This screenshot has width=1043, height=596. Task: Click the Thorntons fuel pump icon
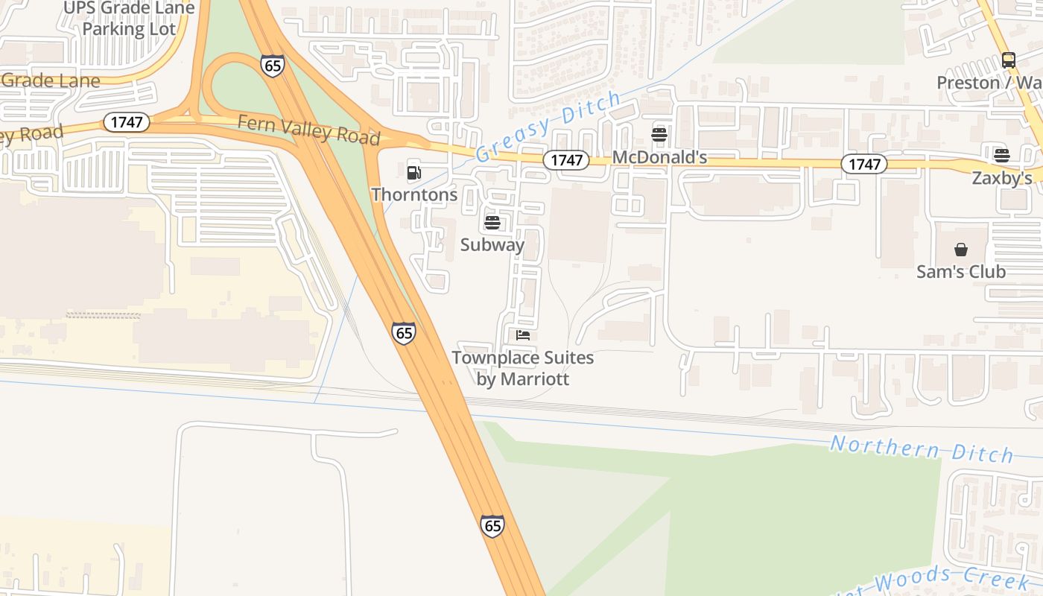414,173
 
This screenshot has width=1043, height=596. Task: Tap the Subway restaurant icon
492,223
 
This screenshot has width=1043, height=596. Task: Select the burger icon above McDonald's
659,135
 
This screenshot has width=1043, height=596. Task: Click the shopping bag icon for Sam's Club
961,250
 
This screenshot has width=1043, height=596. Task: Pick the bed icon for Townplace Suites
523,335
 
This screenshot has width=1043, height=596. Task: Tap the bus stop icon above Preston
1008,60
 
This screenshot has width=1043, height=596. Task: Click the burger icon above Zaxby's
1002,156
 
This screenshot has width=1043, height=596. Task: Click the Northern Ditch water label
922,449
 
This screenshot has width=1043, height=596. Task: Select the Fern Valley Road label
308,130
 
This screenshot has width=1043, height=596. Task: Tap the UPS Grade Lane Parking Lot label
129,19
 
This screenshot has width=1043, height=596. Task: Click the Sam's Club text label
961,272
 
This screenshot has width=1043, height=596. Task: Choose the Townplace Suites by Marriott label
523,368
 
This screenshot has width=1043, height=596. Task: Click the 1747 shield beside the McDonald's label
565,159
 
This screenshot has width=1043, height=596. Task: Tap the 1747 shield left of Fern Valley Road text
127,122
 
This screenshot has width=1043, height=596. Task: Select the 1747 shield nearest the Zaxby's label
864,164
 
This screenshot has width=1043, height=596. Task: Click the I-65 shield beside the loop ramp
273,66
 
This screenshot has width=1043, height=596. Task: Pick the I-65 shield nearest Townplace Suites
404,333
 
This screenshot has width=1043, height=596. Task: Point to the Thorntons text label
414,194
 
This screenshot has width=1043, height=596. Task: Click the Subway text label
492,244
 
